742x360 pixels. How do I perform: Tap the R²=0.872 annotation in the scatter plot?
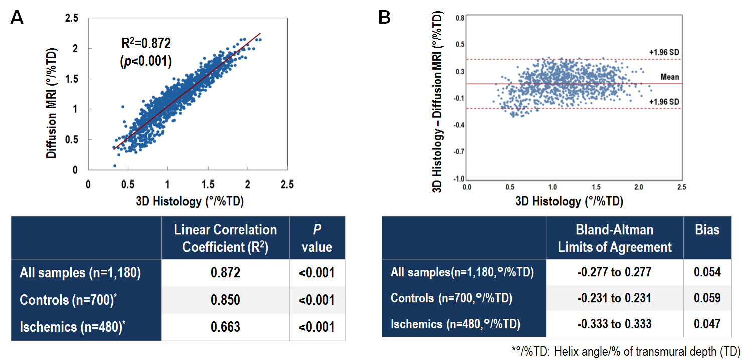(142, 44)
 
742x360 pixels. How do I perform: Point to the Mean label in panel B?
(670, 77)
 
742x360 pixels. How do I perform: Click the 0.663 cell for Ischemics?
(225, 327)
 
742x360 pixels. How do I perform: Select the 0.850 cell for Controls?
(225, 300)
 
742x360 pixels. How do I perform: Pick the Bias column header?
(707, 230)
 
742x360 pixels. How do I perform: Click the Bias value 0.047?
(707, 323)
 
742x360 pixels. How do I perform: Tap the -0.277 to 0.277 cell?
(615, 272)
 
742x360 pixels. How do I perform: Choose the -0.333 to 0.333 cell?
(615, 323)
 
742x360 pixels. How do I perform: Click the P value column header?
(317, 238)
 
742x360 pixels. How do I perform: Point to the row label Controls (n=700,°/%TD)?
(451, 298)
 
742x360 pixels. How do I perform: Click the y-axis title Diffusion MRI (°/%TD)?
(52, 103)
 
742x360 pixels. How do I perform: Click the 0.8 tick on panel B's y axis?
(459, 18)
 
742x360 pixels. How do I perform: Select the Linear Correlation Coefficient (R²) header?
(225, 238)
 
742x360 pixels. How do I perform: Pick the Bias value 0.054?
(707, 272)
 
